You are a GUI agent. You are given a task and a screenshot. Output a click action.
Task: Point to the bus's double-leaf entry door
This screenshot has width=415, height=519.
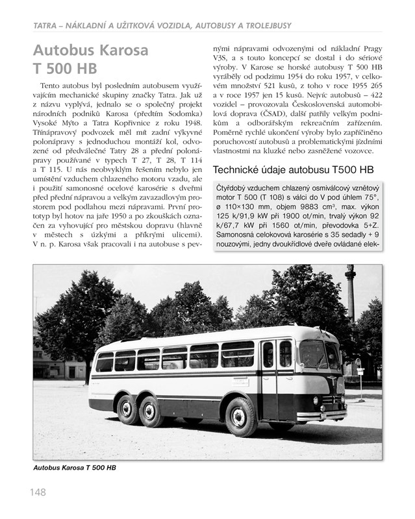(x=277, y=376)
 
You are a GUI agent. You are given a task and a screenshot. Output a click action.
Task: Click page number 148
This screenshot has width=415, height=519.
(x=37, y=492)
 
